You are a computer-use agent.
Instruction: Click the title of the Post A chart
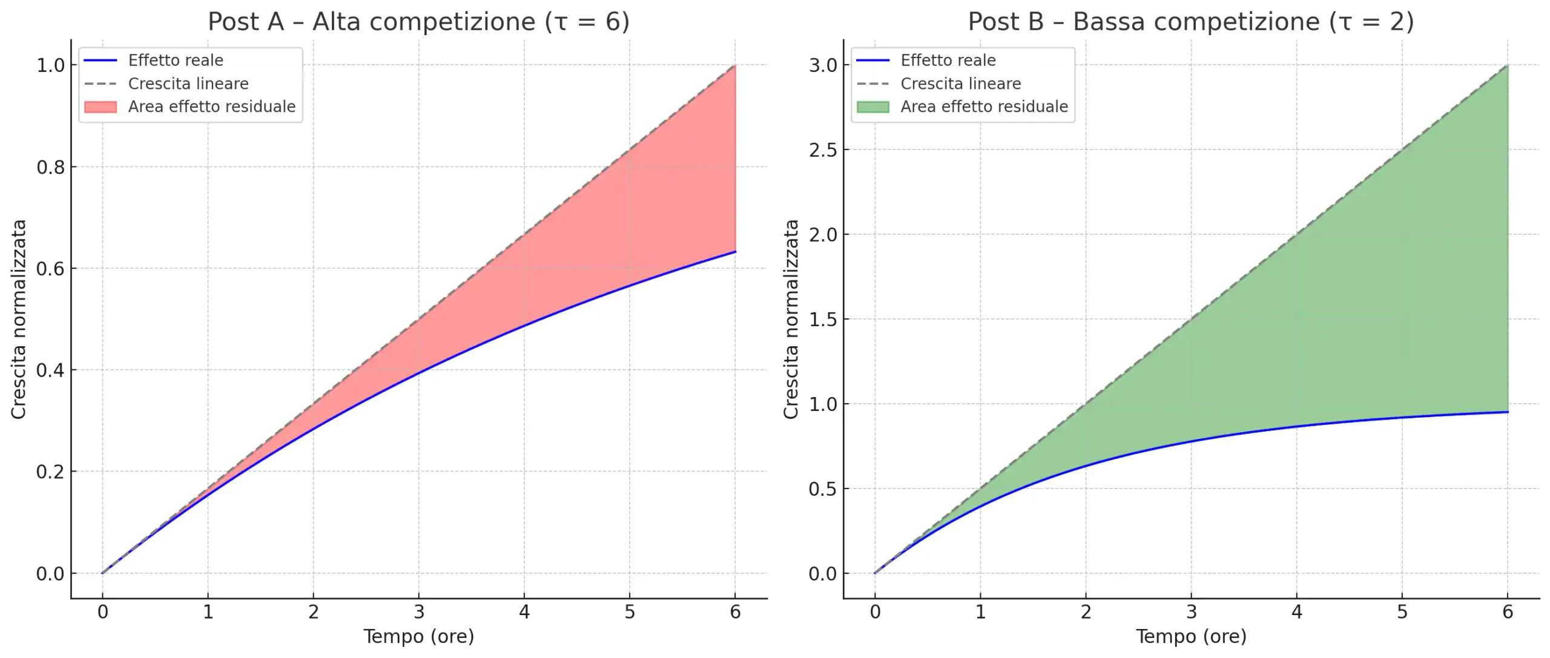pyautogui.click(x=418, y=22)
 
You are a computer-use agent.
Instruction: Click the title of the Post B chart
pyautogui.click(x=1190, y=22)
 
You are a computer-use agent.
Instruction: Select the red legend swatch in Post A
pyautogui.click(x=101, y=107)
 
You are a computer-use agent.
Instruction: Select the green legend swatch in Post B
pyautogui.click(x=872, y=107)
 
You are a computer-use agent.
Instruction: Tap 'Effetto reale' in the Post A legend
pyautogui.click(x=176, y=61)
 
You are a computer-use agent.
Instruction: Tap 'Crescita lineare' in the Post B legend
pyautogui.click(x=960, y=84)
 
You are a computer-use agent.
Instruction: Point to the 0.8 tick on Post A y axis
pyautogui.click(x=51, y=167)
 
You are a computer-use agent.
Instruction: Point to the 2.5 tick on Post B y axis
pyautogui.click(x=823, y=150)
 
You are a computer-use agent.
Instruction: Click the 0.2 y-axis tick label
pyautogui.click(x=51, y=472)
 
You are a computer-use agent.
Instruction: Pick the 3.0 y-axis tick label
pyautogui.click(x=823, y=65)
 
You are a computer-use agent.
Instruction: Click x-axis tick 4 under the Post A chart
pyautogui.click(x=524, y=612)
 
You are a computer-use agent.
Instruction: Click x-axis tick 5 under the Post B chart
pyautogui.click(x=1402, y=612)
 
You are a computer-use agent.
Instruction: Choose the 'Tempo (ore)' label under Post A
pyautogui.click(x=418, y=636)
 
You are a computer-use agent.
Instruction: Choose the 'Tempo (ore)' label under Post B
pyautogui.click(x=1190, y=636)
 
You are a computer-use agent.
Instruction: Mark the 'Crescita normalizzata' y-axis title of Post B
pyautogui.click(x=791, y=319)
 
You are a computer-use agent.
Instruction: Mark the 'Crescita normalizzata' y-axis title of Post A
pyautogui.click(x=19, y=319)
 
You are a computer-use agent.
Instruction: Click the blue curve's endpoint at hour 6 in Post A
pyautogui.click(x=735, y=251)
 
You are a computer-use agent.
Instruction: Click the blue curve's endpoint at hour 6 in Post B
pyautogui.click(x=1507, y=412)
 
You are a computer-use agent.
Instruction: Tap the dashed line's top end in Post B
pyautogui.click(x=1507, y=65)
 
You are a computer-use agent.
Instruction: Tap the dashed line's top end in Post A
pyautogui.click(x=735, y=65)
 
